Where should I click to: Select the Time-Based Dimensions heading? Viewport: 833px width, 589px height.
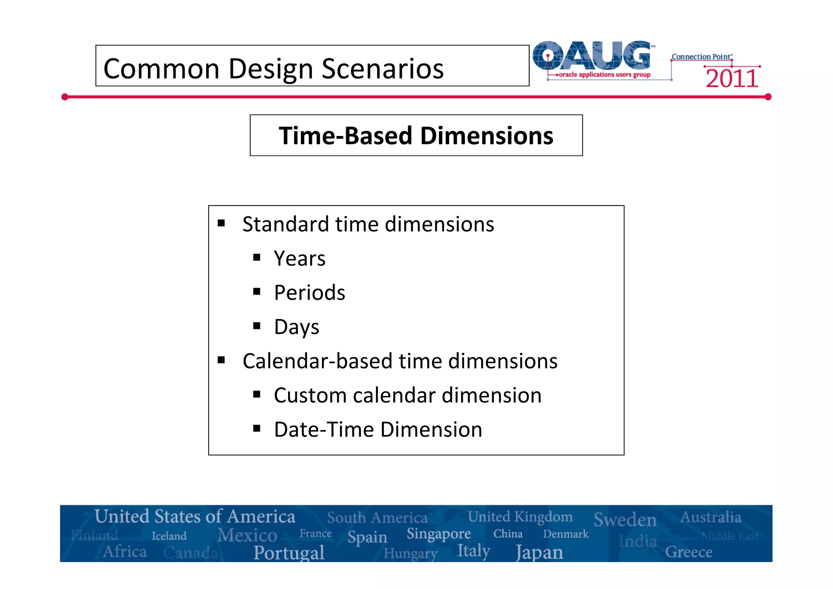(x=416, y=136)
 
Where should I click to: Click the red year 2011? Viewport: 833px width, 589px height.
(x=732, y=79)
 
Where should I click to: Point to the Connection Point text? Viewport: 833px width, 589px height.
(x=702, y=57)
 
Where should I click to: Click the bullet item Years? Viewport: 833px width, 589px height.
(x=299, y=258)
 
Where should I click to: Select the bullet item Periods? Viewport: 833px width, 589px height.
(x=309, y=293)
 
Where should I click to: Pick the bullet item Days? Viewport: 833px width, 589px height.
(x=297, y=327)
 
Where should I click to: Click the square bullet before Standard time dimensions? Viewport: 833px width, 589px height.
(x=221, y=223)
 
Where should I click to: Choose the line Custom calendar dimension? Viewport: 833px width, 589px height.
(x=407, y=395)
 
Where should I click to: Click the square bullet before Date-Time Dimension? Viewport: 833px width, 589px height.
(x=257, y=428)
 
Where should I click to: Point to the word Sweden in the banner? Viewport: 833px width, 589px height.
(x=625, y=520)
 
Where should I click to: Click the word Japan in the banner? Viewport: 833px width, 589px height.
(x=539, y=552)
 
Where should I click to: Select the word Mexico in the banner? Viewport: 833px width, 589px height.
(x=247, y=535)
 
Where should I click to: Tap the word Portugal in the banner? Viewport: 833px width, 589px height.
(x=289, y=552)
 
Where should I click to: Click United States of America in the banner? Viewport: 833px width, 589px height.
(x=195, y=517)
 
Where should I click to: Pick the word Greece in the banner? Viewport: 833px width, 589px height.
(x=688, y=552)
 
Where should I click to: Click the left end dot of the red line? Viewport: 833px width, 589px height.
(x=65, y=97)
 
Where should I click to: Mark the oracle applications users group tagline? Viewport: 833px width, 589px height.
(x=604, y=74)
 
